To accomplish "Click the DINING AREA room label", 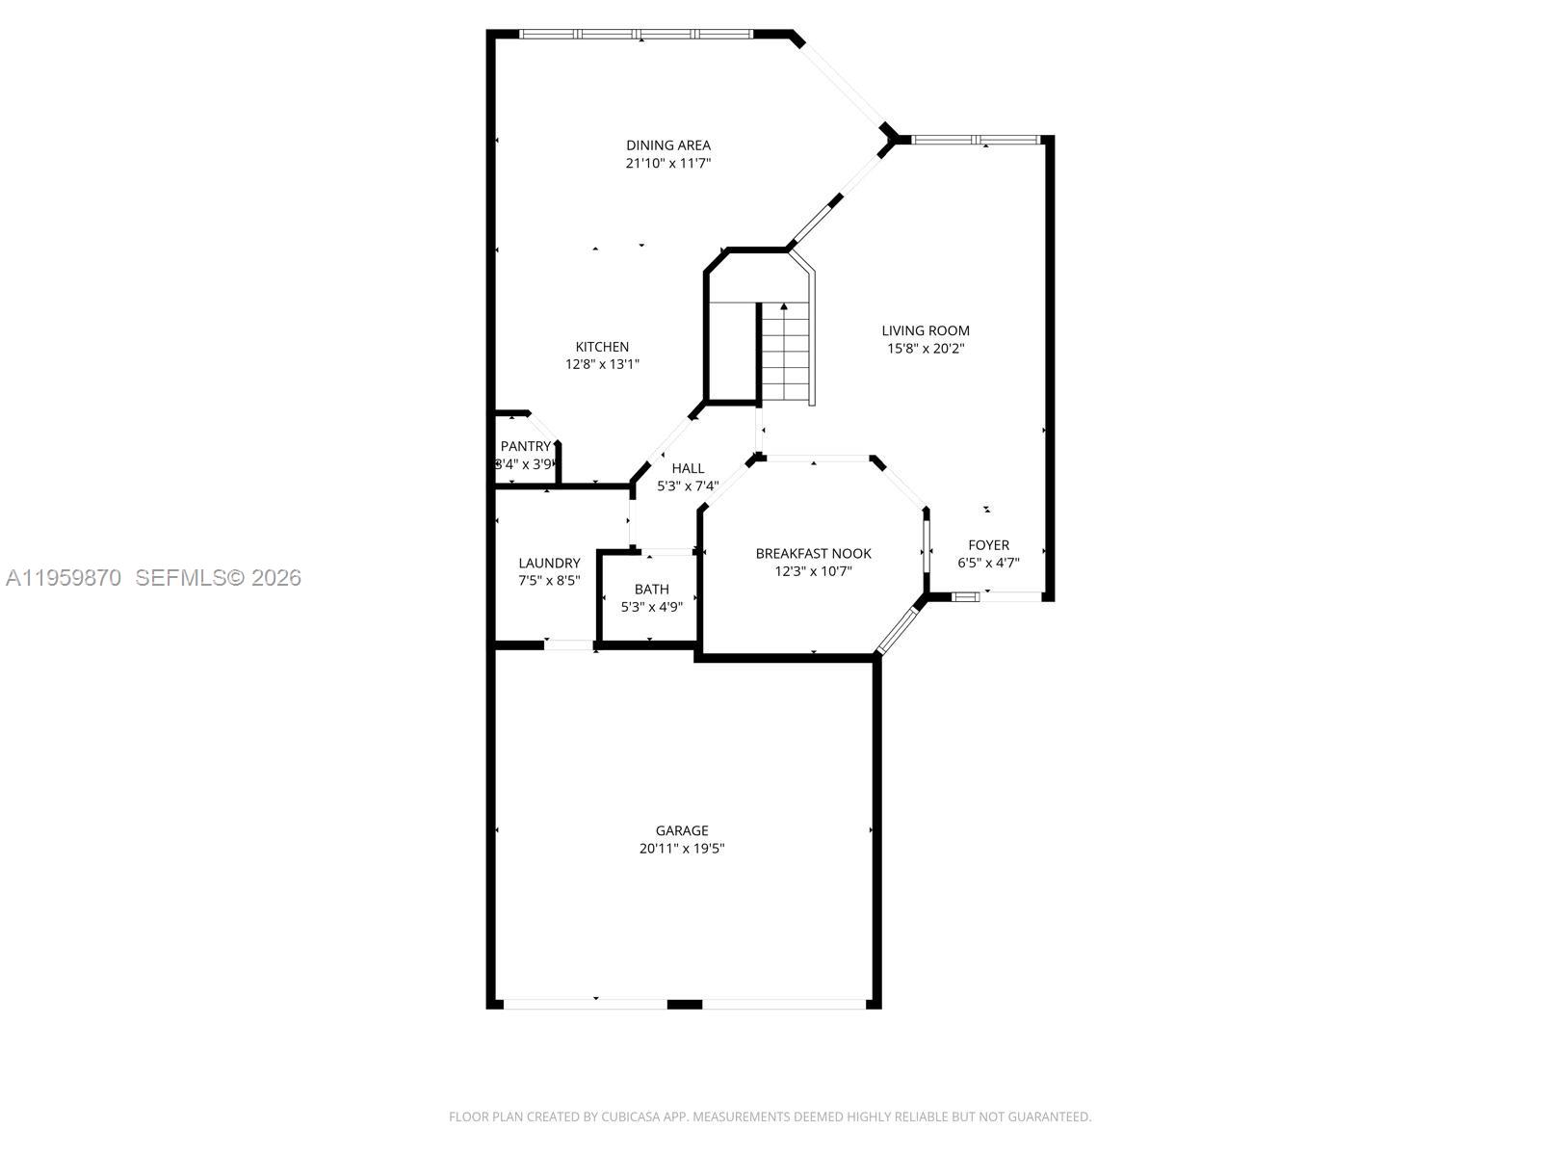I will coord(667,145).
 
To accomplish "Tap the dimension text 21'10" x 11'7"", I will coord(667,164).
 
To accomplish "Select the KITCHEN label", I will coord(602,347).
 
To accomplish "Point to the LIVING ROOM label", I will coord(926,330).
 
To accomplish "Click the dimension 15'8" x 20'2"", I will coord(926,349).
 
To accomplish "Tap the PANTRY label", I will coord(525,446).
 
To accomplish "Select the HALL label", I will coord(688,468).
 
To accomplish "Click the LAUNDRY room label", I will coord(549,563).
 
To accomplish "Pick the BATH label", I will coord(651,590).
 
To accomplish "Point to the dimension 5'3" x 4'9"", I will coord(651,607).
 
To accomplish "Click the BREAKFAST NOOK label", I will coord(813,553).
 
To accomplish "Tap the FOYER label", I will coord(988,545).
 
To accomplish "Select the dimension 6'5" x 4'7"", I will coord(988,563).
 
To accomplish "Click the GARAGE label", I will coord(682,830).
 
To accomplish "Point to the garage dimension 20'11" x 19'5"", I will coord(682,849).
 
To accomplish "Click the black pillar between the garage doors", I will coord(684,1005).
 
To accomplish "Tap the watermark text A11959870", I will coord(64,578).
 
